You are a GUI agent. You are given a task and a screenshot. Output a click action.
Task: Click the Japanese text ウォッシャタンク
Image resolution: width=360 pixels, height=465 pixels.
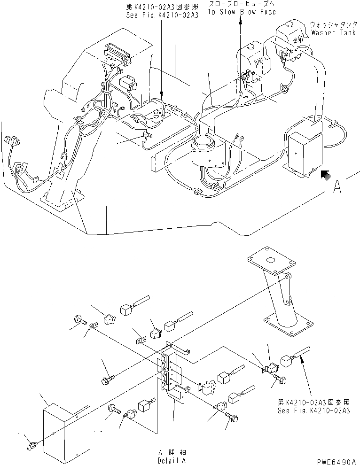coord(330,24)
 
